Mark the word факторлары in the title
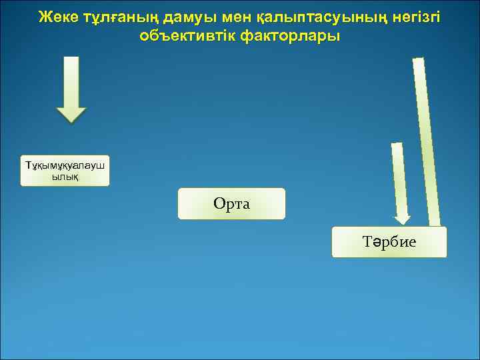[x=291, y=36]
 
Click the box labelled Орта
[x=231, y=203]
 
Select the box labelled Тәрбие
[x=389, y=241]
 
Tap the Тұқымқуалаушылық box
[x=65, y=171]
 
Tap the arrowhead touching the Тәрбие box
[x=402, y=218]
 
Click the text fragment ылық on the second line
[x=65, y=177]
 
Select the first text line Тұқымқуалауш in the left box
[x=65, y=165]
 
